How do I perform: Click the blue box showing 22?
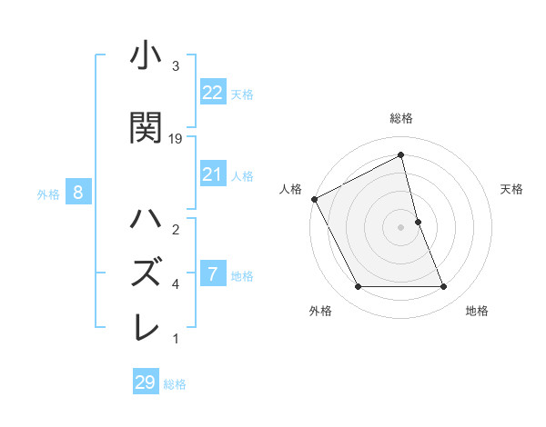coord(213,93)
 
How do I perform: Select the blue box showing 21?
coord(213,174)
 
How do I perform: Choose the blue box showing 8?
coord(79,192)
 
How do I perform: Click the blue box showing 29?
coord(145,382)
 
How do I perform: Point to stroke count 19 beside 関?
coord(176,138)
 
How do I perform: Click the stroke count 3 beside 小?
coord(175,66)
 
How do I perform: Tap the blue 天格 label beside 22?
coord(242,94)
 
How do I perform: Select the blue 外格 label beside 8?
coord(48,193)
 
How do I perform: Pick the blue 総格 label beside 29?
coord(175,383)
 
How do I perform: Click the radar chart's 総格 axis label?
coord(401,118)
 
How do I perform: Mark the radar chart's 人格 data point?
coord(315,199)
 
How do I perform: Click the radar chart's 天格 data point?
coord(418,222)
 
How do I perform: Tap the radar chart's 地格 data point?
coord(444,287)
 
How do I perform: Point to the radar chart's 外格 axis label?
coord(320,311)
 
